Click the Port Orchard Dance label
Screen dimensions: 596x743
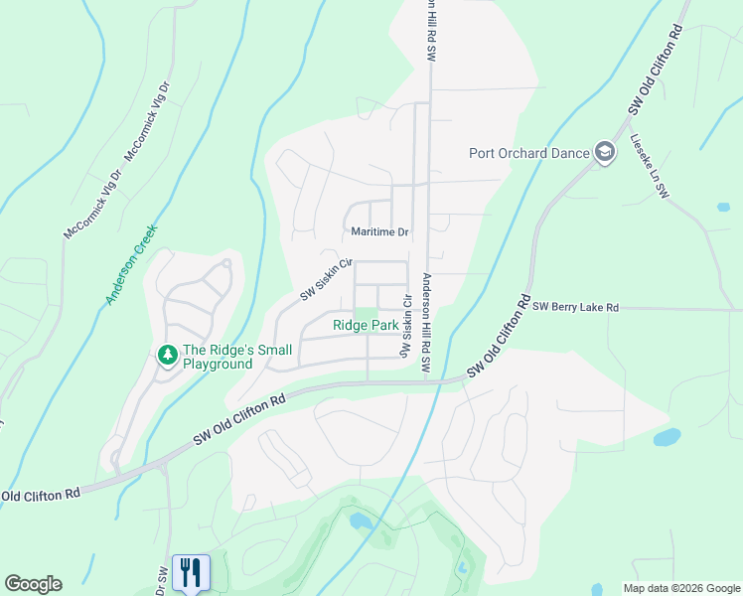(x=528, y=153)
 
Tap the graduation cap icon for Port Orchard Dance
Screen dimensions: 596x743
(x=604, y=152)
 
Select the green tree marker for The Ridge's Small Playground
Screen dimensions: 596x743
(x=168, y=354)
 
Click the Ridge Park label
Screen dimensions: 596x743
(x=366, y=325)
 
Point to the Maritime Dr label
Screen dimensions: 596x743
(x=380, y=231)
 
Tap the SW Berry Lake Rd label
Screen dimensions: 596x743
(x=575, y=308)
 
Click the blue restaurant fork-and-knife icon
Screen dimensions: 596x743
(x=191, y=572)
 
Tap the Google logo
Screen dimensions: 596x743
(x=33, y=584)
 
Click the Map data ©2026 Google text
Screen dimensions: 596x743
(x=680, y=588)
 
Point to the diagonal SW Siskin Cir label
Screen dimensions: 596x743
(x=327, y=281)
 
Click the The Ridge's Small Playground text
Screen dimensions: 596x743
(x=237, y=357)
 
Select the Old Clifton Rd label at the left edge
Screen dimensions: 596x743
(x=41, y=495)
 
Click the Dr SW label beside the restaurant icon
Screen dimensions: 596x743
(x=162, y=581)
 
